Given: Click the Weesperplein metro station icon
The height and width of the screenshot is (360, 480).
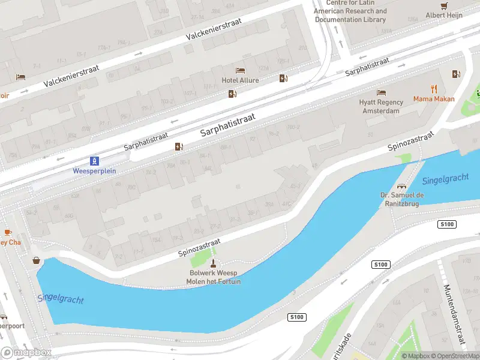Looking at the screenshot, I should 94,161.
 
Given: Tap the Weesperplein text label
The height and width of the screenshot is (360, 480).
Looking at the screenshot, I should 94,171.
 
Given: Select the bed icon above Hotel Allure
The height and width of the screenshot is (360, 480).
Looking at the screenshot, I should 241,71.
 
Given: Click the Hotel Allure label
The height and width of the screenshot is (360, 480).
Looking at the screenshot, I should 241,80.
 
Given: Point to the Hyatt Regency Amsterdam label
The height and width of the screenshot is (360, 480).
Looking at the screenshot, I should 379,107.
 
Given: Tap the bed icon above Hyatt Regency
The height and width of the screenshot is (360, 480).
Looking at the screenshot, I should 381,92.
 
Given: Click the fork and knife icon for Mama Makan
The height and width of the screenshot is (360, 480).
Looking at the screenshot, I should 434,89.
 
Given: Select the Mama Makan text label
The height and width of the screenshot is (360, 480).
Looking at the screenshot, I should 434,99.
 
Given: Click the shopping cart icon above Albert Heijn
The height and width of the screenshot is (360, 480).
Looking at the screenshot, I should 444,6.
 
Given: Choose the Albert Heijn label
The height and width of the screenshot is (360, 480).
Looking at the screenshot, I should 444,16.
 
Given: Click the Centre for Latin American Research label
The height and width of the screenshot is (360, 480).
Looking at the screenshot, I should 350,11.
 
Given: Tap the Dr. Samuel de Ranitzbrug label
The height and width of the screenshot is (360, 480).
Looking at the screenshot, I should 402,199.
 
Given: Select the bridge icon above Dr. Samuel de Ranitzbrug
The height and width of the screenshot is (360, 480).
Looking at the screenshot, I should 402,185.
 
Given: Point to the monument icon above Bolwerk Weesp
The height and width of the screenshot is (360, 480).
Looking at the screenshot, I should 213,263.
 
